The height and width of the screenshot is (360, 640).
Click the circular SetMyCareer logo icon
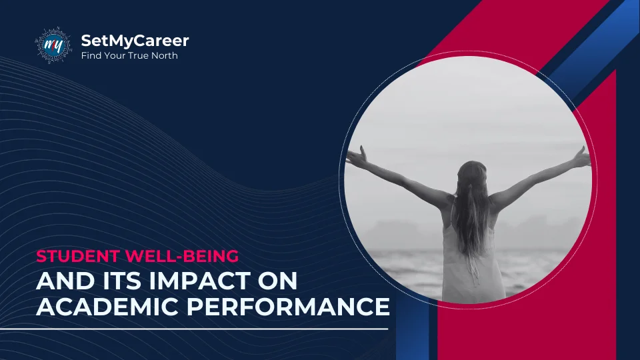click(x=53, y=46)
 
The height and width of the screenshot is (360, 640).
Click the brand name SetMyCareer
click(x=135, y=41)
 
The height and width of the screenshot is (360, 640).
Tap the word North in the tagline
click(x=163, y=56)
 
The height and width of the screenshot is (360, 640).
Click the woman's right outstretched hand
click(x=581, y=157)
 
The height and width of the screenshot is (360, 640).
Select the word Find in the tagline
click(x=91, y=56)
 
